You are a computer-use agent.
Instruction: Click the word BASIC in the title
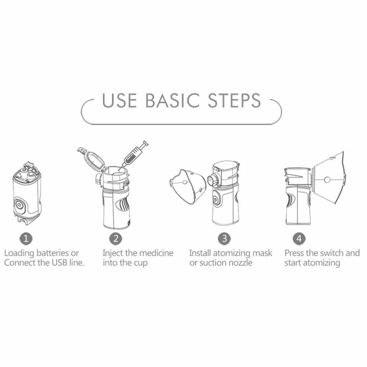[173, 101]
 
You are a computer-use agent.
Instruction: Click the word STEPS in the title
[234, 101]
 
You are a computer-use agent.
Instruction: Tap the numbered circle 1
[26, 239]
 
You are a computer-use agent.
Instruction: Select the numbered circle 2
[116, 239]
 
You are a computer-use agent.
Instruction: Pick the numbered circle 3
[225, 239]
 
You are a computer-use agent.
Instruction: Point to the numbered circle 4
[299, 239]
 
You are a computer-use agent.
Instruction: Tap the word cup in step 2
[141, 264]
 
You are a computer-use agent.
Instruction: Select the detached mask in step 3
[188, 186]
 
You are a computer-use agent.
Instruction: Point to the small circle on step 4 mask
[327, 180]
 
